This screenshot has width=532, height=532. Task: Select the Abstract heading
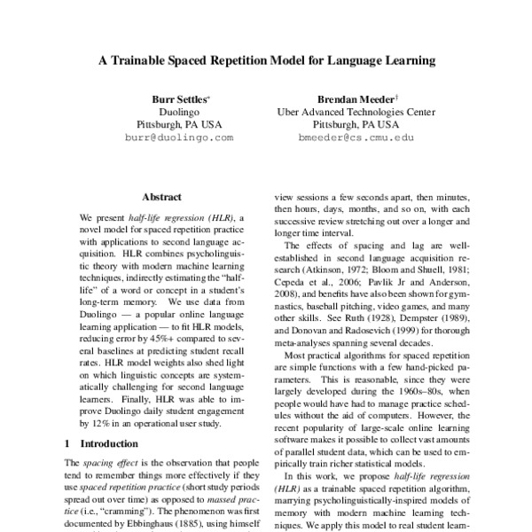[161, 197]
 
